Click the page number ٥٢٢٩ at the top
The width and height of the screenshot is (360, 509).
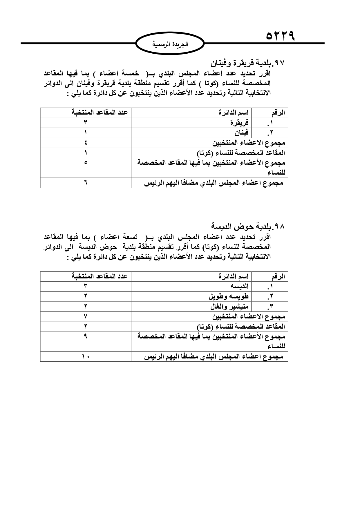point(280,37)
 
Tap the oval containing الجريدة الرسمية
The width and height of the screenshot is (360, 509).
point(170,44)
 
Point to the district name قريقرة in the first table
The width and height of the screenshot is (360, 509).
point(239,123)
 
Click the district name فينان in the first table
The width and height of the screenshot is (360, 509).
point(242,133)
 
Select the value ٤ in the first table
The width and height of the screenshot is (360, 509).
point(86,143)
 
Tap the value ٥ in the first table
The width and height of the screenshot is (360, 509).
point(86,162)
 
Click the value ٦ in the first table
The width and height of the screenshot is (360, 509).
point(86,183)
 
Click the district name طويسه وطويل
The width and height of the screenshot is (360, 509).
point(229,296)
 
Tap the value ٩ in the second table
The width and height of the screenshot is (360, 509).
point(86,336)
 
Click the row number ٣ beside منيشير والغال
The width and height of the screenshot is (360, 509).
point(271,307)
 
